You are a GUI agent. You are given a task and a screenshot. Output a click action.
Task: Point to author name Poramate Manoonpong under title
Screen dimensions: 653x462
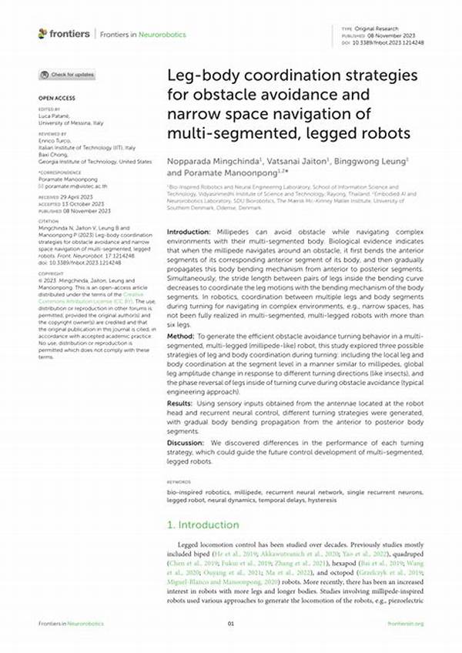point(219,173)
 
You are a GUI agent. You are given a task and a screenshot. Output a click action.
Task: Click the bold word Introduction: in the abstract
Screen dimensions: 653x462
point(189,232)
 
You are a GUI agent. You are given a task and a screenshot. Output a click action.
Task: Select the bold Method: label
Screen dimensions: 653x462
point(181,337)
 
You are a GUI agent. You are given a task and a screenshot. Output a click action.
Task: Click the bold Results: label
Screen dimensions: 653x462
point(182,403)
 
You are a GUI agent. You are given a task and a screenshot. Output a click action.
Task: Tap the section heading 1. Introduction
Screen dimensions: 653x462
point(203,524)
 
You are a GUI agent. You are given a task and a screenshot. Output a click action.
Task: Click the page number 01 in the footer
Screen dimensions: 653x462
point(230,623)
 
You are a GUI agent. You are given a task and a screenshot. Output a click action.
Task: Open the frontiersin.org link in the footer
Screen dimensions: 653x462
point(408,623)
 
